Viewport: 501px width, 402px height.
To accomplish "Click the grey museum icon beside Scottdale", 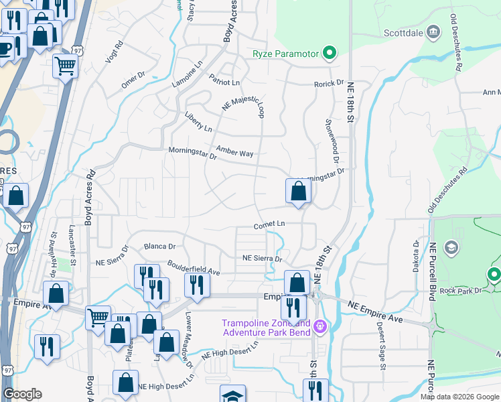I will [433, 31].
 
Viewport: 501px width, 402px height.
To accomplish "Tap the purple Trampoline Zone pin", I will [320, 327].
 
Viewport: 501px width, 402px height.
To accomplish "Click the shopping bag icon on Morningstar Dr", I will [297, 191].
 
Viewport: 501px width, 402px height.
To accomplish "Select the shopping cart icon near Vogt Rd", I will [65, 66].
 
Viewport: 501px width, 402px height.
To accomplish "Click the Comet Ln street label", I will [269, 226].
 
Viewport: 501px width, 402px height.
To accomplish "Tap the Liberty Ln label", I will [198, 123].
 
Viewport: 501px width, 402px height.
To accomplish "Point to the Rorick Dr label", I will [329, 84].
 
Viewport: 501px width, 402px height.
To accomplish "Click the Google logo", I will [22, 394].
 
